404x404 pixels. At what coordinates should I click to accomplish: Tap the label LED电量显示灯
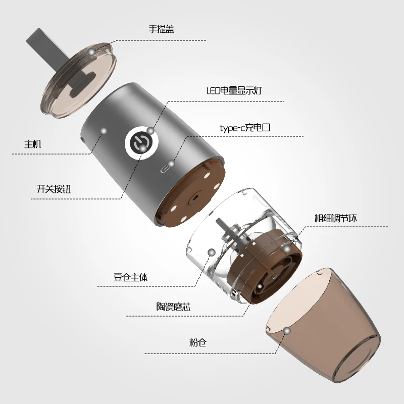pos(234,91)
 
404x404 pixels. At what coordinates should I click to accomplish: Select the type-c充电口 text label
pos(245,128)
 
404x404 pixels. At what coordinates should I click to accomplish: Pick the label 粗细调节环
pos(336,218)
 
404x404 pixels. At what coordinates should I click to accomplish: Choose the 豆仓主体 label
pos(130,277)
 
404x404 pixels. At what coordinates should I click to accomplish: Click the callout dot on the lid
pos(91,52)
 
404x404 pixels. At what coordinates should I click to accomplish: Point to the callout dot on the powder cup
pos(287,331)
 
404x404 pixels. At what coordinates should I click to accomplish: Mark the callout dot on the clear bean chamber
pos(212,251)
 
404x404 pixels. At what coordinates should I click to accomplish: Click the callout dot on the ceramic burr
pos(259,286)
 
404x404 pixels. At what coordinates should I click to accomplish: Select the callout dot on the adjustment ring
pos(286,249)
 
